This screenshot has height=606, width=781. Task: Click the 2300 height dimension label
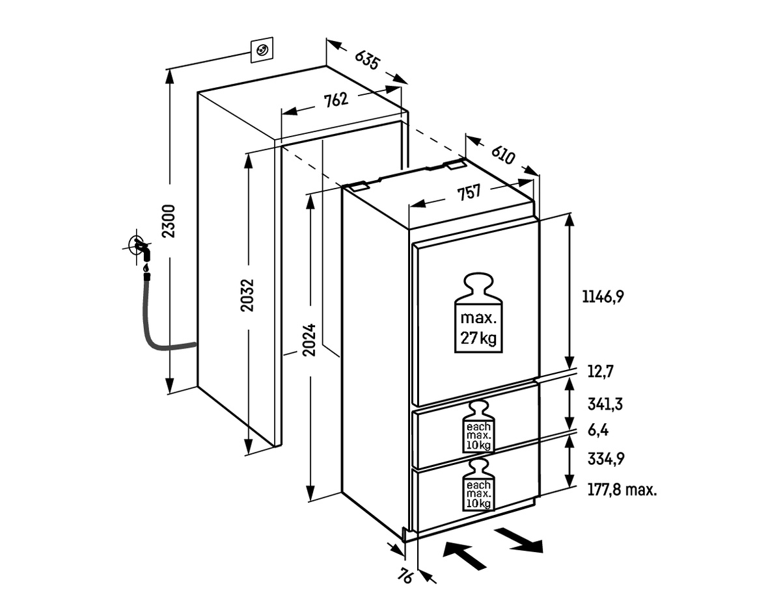click(169, 221)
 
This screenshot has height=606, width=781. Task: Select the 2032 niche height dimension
click(247, 295)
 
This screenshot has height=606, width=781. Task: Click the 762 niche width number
click(336, 100)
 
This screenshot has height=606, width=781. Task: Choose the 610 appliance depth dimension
click(503, 155)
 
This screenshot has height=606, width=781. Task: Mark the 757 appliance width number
click(468, 192)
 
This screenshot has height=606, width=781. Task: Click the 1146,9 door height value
click(603, 296)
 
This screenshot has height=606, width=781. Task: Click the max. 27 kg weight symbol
click(478, 315)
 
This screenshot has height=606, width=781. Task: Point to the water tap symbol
click(139, 250)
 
